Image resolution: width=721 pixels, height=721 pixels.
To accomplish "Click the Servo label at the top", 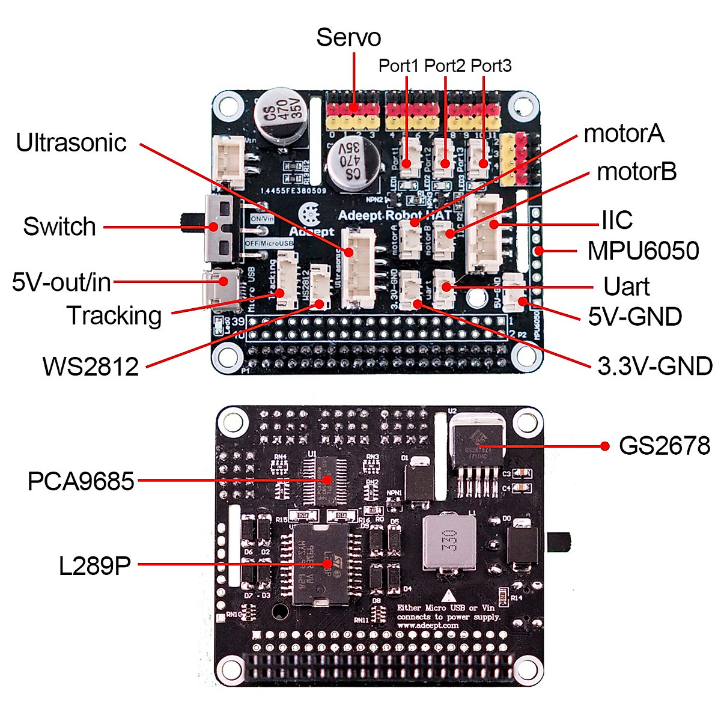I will point(348,37).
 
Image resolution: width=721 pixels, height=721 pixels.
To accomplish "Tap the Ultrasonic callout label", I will point(71,143).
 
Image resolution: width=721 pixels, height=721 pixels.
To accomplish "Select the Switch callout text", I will point(59,227).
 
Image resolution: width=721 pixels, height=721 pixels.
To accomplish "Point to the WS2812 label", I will point(91,367).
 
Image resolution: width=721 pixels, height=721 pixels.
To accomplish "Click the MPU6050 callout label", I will point(643,251).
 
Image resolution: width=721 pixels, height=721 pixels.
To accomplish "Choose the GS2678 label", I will point(664,446).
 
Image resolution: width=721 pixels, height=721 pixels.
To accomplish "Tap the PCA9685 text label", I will point(81,481).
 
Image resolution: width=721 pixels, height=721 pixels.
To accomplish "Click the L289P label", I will point(95,565).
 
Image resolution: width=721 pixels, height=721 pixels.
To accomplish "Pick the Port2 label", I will point(445,65).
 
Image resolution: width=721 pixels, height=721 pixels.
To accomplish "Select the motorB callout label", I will point(637,172).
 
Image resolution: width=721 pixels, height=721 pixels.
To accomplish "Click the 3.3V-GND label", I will point(655,365).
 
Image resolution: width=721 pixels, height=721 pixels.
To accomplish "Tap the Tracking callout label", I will point(114,315).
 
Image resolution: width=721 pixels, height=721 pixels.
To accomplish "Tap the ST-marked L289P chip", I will point(318,565).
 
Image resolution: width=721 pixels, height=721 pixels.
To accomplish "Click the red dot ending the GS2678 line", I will point(605,446).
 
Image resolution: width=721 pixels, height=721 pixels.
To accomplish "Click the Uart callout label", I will point(627,287).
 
